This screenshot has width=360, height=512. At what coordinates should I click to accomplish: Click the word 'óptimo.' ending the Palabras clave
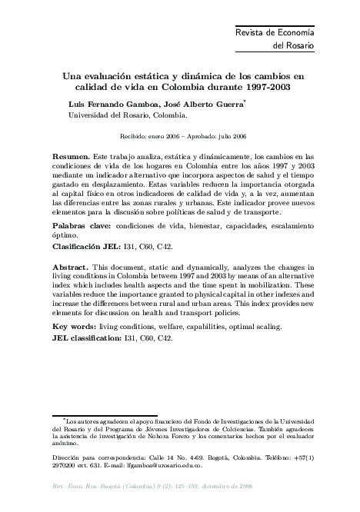point(66,237)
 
